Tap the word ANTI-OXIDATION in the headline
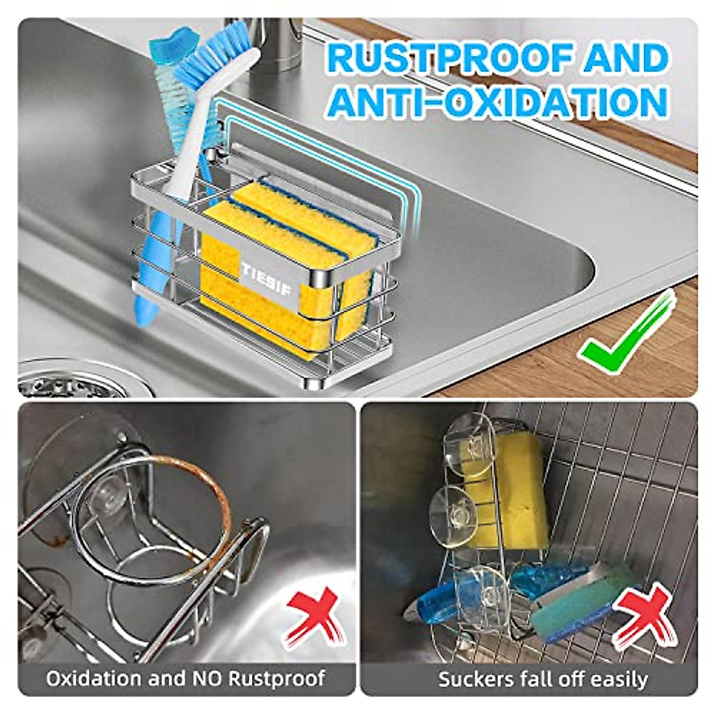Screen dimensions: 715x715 pyautogui.click(x=498, y=101)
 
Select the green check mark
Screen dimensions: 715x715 pyautogui.click(x=626, y=334)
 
